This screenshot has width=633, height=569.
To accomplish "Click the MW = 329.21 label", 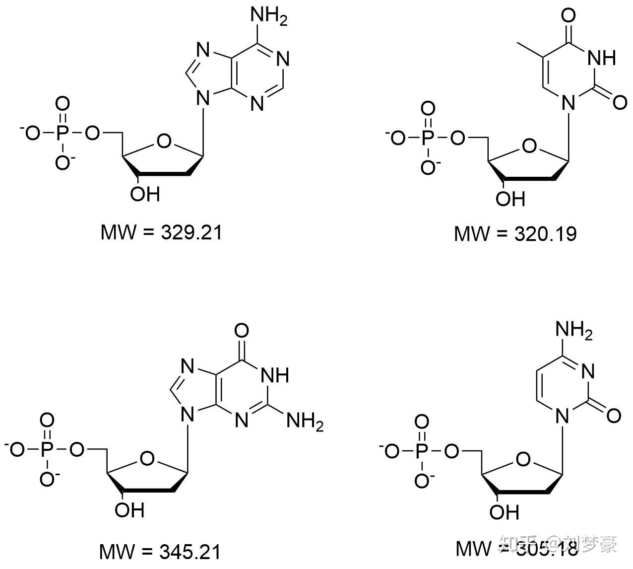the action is tap(161, 232).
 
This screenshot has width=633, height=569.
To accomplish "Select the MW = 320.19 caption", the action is tap(515, 233).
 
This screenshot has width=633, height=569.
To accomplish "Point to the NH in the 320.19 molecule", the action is tap(601, 58).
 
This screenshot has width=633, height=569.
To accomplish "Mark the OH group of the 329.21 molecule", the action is tap(145, 194).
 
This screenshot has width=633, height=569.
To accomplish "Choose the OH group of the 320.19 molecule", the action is tap(510, 199).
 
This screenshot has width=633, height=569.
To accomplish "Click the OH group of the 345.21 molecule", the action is tap(129, 510).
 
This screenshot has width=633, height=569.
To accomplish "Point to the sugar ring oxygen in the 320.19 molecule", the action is tap(529, 146).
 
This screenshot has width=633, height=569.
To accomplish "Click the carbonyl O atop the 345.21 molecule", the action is tap(242, 330).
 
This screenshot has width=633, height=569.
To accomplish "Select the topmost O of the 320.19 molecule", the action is tap(569, 16).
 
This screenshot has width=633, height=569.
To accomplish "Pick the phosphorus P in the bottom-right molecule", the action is tap(422, 451).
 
